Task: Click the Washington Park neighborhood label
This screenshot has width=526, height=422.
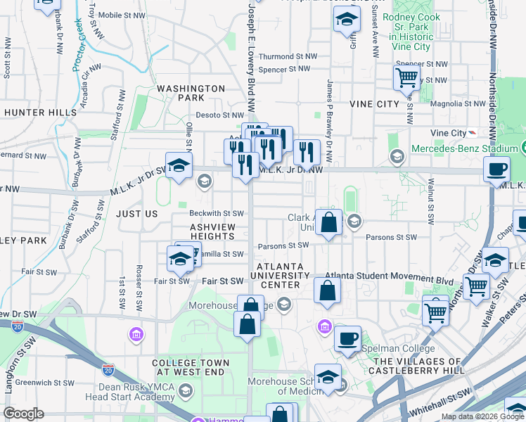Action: pyautogui.click(x=191, y=94)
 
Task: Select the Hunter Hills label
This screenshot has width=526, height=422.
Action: pyautogui.click(x=40, y=113)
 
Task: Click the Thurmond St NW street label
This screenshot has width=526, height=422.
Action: pyautogui.click(x=287, y=56)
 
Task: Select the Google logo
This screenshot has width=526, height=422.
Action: pyautogui.click(x=24, y=414)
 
